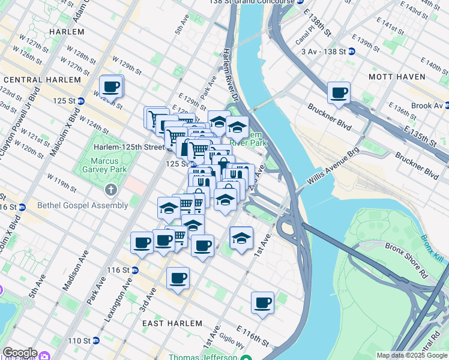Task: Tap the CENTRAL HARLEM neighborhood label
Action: [41, 80]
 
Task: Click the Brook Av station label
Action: [427, 106]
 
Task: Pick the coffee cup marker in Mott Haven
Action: [339, 94]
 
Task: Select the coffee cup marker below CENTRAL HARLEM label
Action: [112, 87]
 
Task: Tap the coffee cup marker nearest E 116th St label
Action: [262, 304]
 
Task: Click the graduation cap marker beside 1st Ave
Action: [241, 238]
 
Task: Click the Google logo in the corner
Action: [20, 353]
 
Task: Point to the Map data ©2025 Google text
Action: [412, 355]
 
